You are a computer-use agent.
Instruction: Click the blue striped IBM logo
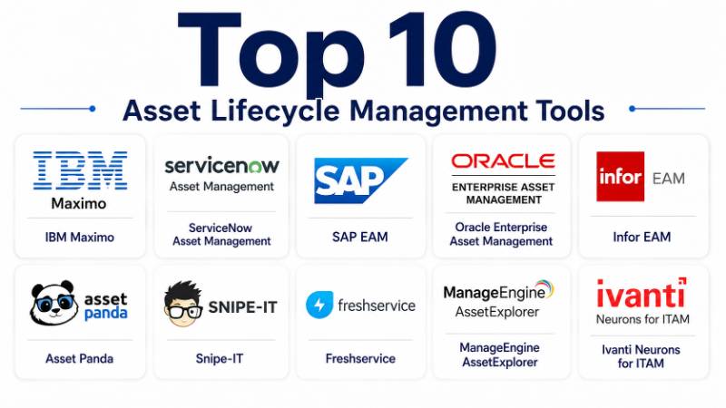[80, 170]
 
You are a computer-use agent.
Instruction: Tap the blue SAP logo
[360, 180]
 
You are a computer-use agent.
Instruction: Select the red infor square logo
[620, 176]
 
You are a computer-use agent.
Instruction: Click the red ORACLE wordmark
[503, 161]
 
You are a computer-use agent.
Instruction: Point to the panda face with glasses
[54, 304]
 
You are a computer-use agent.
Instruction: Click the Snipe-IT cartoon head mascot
[183, 304]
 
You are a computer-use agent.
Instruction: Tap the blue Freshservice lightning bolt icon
[319, 305]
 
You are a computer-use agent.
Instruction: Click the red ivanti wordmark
[642, 293]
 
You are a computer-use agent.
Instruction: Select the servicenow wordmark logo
[221, 165]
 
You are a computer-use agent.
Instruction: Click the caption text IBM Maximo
[80, 238]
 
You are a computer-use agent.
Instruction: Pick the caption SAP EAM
[359, 237]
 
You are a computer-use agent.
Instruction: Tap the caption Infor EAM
[642, 237]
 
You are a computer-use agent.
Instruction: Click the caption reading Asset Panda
[79, 358]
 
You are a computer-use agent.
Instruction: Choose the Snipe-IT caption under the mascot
[219, 358]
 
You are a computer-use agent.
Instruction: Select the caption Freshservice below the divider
[360, 358]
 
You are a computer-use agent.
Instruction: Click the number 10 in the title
[443, 50]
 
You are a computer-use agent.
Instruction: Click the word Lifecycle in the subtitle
[275, 112]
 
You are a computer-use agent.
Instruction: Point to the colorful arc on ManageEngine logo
[546, 287]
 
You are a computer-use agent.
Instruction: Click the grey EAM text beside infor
[669, 178]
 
